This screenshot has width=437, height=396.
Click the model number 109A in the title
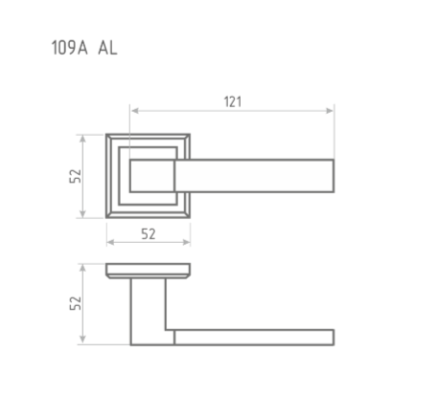tap(68, 48)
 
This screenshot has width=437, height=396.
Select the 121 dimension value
tap(233, 100)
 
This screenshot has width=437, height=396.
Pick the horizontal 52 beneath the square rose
tap(148, 233)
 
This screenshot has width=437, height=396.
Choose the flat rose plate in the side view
tap(148, 269)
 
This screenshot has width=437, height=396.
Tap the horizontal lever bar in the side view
tap(254, 337)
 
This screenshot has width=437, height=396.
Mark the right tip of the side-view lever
tap(332, 337)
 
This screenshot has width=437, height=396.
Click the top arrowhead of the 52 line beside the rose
tap(86, 136)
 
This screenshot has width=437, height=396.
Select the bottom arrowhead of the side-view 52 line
tap(86, 341)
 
